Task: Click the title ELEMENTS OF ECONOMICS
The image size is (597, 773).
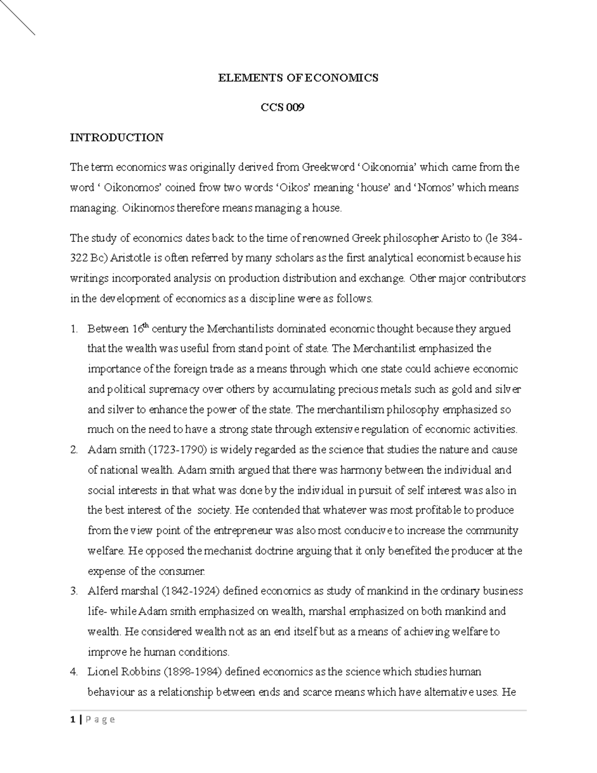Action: tap(298, 78)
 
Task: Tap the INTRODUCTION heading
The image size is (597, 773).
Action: tap(116, 137)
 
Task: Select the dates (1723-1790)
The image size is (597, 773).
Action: tap(177, 450)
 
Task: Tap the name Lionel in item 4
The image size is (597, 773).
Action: tap(102, 672)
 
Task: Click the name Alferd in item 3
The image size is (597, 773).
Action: tap(102, 591)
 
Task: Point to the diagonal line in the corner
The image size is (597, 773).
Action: tap(17, 17)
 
